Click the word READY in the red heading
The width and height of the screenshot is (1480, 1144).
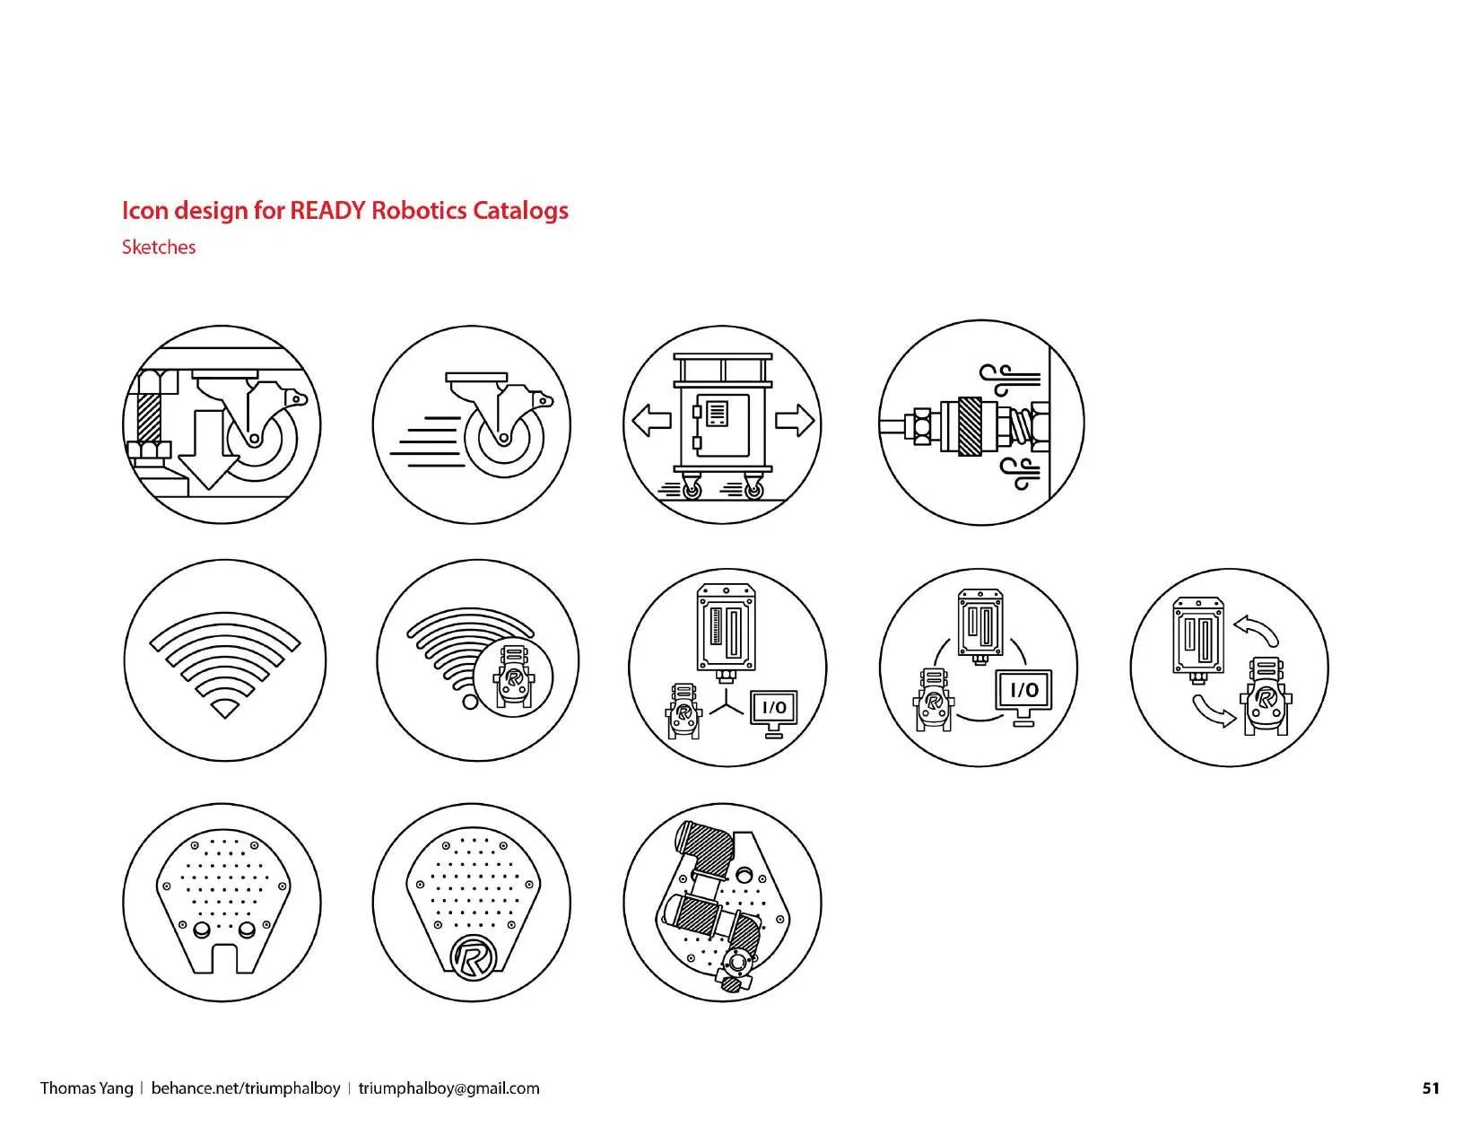(327, 210)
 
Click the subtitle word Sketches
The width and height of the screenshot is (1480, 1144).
(159, 247)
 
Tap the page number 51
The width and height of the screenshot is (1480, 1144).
(1431, 1087)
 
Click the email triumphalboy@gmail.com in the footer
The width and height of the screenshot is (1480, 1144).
(448, 1088)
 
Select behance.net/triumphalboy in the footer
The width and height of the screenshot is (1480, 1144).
(245, 1088)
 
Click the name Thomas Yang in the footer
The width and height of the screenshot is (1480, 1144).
(86, 1088)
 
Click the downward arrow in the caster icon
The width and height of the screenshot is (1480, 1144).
(208, 449)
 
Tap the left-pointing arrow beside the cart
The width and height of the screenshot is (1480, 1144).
(651, 420)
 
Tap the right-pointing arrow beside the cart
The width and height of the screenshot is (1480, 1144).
(795, 420)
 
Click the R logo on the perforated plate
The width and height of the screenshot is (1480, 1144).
(474, 958)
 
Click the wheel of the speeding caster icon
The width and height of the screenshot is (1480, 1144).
(503, 439)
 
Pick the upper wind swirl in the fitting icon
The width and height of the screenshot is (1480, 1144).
(1010, 380)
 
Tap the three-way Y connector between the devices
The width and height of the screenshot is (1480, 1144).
(726, 701)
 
